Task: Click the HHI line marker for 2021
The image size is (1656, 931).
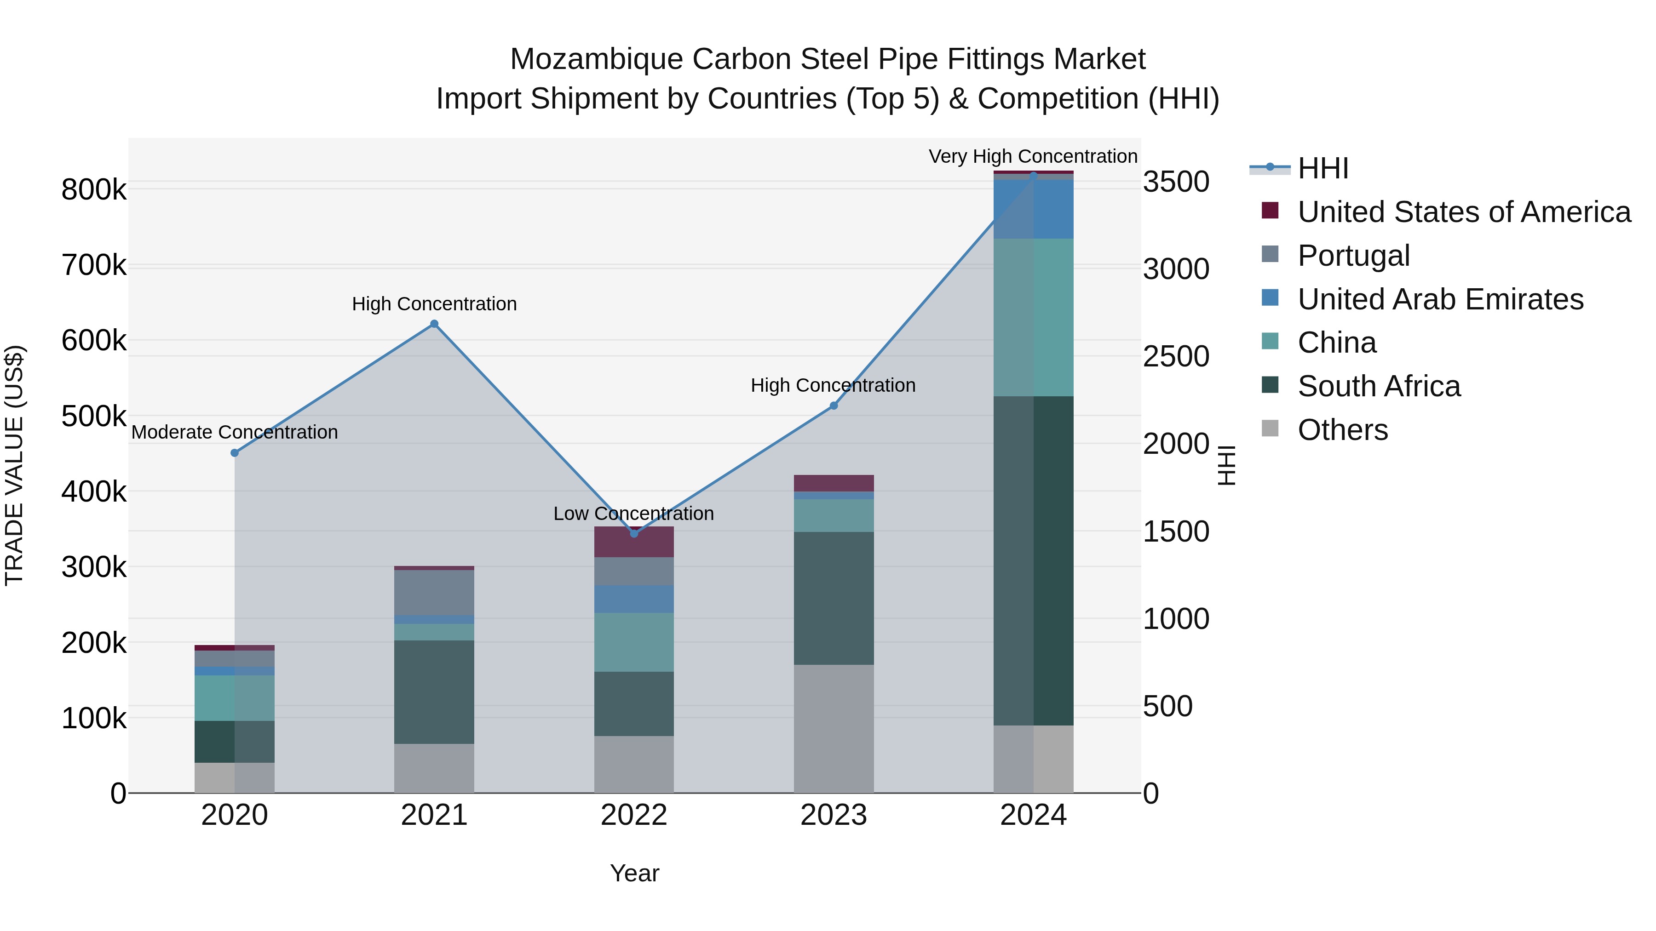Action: pos(434,324)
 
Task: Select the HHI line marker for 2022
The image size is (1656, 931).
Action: pos(634,533)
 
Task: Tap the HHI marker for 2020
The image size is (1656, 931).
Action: pos(235,453)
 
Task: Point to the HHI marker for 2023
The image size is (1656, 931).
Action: pos(834,406)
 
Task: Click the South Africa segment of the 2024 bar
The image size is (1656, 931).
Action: pos(1033,560)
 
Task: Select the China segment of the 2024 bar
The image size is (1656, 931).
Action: pos(1033,317)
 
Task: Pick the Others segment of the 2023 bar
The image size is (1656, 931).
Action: pos(834,729)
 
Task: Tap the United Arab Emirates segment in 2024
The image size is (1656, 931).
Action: pos(1033,210)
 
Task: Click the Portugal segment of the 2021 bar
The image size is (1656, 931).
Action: pos(434,593)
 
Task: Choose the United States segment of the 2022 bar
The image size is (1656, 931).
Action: pos(634,542)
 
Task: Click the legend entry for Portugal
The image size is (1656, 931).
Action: pos(1353,256)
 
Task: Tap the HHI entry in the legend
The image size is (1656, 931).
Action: pos(1322,168)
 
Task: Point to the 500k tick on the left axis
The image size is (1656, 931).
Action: pos(94,417)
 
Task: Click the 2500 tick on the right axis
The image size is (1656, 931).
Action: pos(1176,357)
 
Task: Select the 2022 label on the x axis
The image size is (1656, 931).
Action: pos(634,815)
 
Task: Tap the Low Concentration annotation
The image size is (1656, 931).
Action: pos(633,514)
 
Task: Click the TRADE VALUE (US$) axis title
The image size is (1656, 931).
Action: pos(14,465)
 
